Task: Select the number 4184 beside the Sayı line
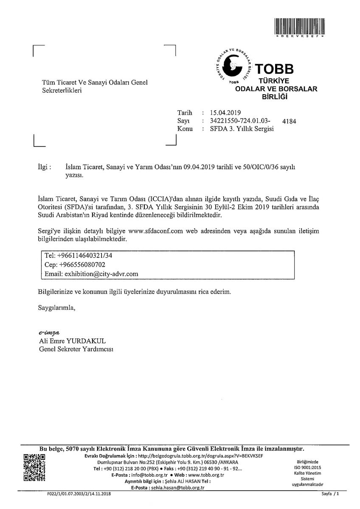tap(289, 121)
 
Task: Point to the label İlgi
tap(45, 168)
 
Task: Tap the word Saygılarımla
tap(56, 308)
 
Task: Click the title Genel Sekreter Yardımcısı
tap(76, 350)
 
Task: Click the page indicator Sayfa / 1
tap(331, 495)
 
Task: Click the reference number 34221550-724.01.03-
tap(240, 121)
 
